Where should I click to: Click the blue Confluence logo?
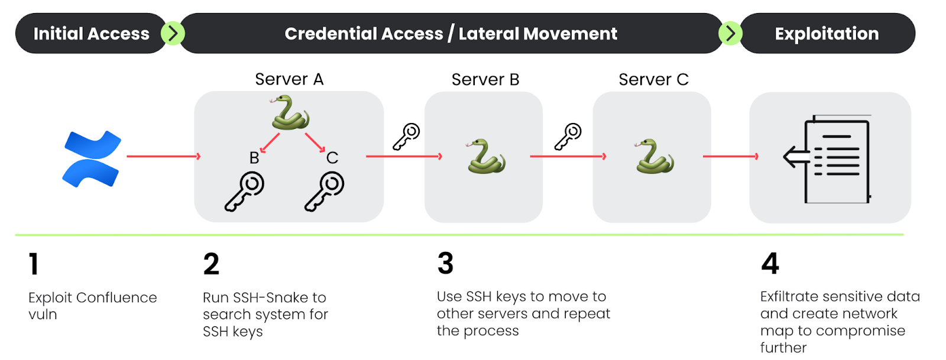[92, 159]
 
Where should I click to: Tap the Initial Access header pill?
[91, 34]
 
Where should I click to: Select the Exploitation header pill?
[827, 34]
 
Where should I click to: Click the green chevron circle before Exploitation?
[730, 33]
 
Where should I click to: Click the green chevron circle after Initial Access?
[173, 33]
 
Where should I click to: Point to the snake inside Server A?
[290, 113]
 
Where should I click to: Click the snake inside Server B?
[485, 156]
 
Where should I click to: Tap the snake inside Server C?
[654, 156]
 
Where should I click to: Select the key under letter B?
[244, 191]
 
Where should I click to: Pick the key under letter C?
[324, 191]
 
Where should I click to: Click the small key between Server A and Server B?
[406, 137]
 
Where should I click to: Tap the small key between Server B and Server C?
[568, 137]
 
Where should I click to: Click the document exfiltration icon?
[830, 159]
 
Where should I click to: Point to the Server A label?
[289, 79]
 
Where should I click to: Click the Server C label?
[653, 79]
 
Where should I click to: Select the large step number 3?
[445, 264]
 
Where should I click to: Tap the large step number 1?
[34, 264]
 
